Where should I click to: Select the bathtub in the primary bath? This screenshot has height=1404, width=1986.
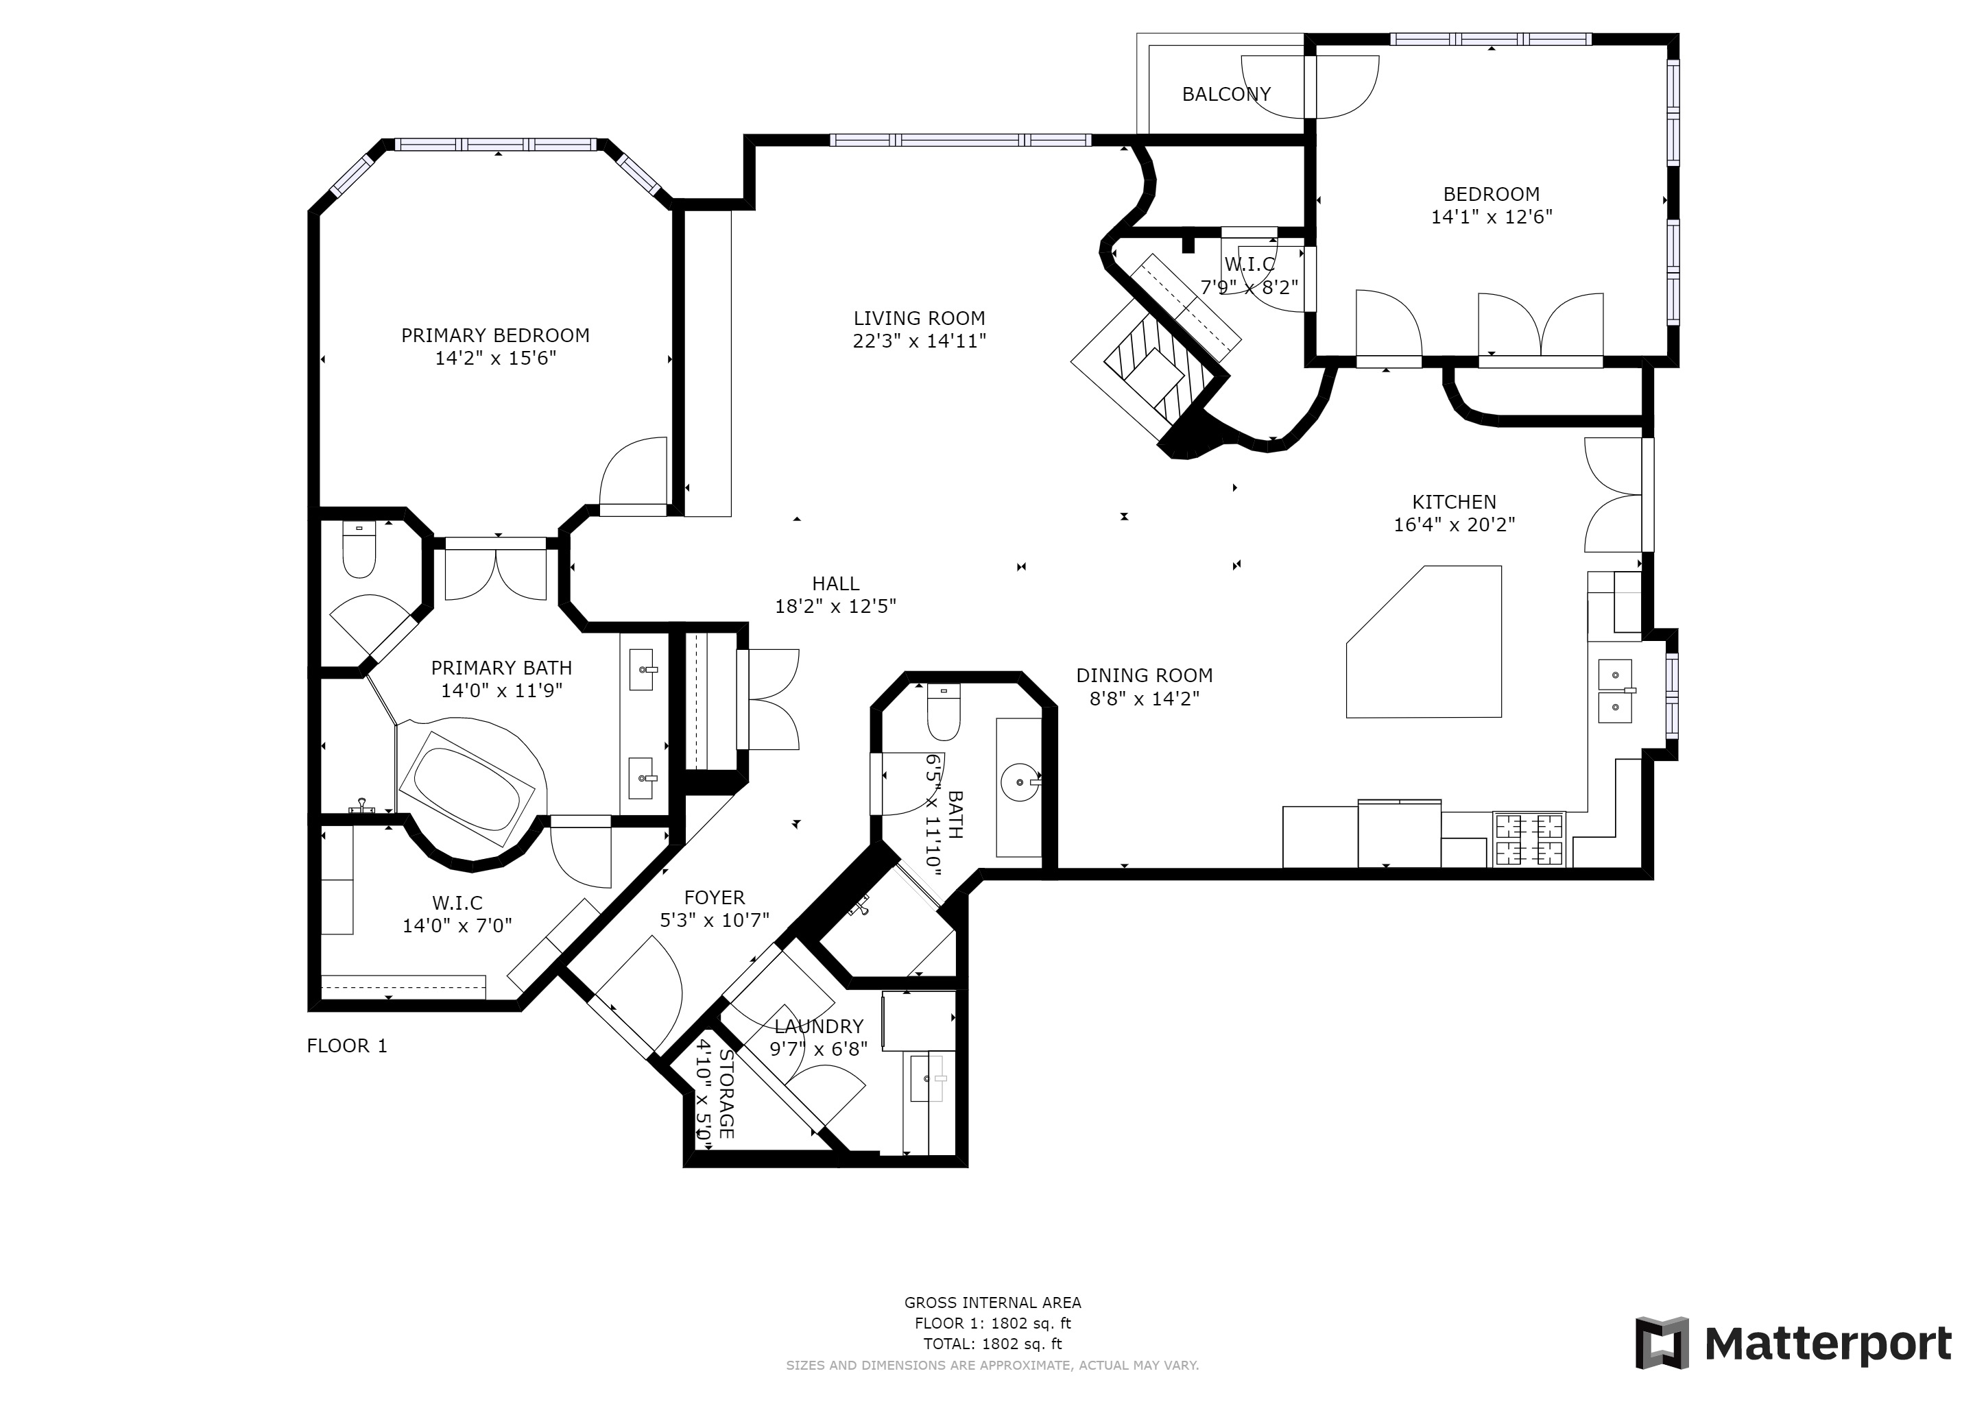point(470,788)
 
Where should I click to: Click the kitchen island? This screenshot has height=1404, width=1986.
point(1424,642)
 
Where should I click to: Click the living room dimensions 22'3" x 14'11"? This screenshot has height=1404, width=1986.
point(920,341)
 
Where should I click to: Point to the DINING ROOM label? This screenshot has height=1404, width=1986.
point(1145,675)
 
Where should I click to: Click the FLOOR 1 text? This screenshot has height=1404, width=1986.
point(347,1046)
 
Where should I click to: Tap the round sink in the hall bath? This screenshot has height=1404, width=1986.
point(1020,782)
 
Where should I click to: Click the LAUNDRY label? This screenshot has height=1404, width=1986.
point(818,1026)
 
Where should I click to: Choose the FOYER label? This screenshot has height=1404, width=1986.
point(715,897)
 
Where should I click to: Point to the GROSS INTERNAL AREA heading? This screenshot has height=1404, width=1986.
point(992,1303)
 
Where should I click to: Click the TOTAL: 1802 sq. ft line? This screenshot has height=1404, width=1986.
point(992,1344)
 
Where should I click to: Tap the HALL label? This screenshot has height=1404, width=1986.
point(835,583)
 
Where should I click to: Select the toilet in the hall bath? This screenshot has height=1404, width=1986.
point(943,712)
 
